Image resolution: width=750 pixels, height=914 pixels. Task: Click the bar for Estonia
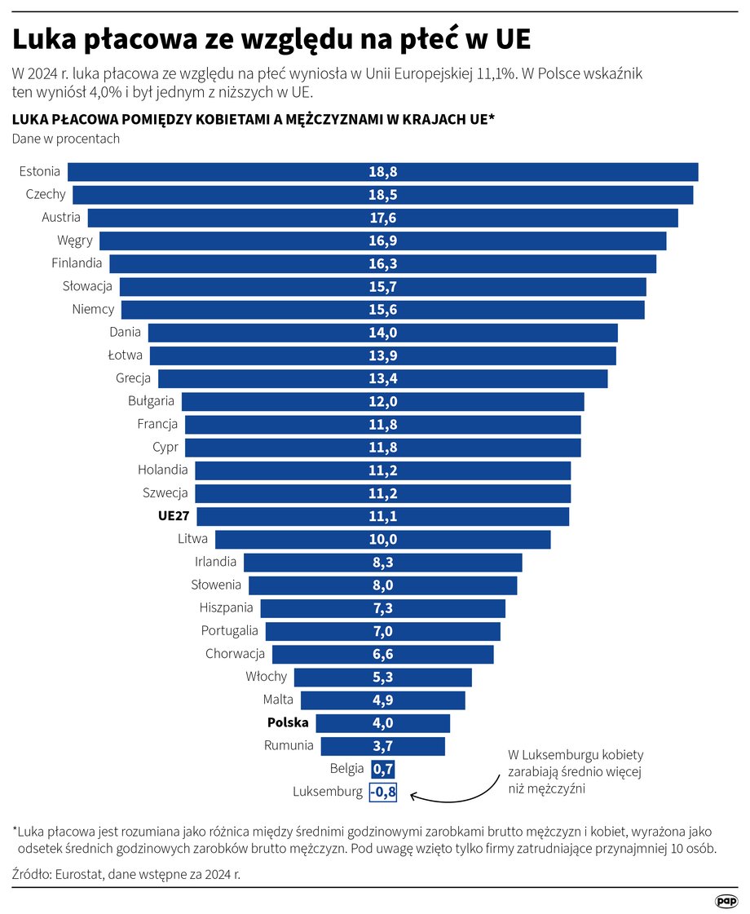[x=382, y=172]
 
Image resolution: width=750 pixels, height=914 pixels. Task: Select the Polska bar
[x=382, y=723]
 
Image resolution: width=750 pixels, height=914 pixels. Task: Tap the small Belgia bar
[x=382, y=769]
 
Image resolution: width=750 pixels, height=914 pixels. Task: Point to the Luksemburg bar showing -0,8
[x=382, y=792]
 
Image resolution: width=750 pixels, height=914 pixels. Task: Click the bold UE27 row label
[x=174, y=516]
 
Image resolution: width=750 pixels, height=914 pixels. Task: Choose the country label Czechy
[x=46, y=195]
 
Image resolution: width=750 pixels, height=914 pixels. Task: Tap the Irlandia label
[x=215, y=562]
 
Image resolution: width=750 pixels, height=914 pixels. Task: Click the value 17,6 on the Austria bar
[x=382, y=218]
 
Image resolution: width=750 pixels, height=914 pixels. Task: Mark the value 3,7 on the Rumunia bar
[x=382, y=746]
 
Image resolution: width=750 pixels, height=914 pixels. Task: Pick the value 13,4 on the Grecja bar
[x=382, y=378]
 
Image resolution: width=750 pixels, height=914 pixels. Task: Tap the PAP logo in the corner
[x=726, y=900]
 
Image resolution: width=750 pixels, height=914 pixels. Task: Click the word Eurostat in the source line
[x=77, y=874]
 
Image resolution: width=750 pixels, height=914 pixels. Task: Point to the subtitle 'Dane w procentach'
[x=66, y=139]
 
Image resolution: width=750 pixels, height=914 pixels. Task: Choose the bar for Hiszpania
[x=382, y=608]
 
